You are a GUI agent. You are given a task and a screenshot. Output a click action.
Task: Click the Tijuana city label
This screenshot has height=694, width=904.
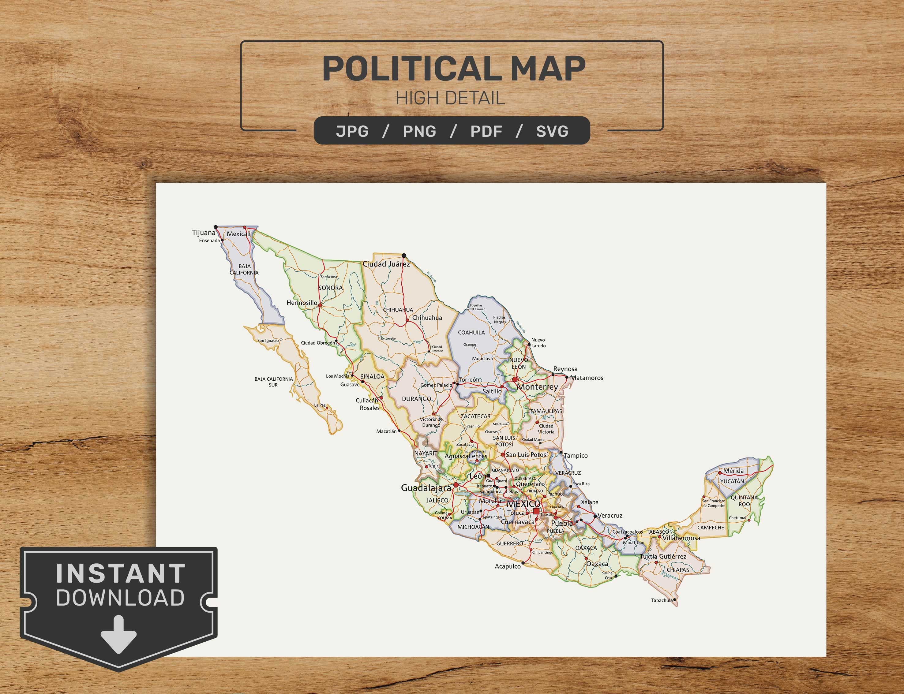click(204, 233)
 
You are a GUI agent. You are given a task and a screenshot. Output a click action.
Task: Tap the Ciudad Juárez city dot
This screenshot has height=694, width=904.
click(404, 255)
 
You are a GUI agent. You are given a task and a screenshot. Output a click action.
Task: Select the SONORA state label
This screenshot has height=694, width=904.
click(331, 288)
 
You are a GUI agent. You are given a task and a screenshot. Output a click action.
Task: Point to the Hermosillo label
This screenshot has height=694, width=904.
click(302, 303)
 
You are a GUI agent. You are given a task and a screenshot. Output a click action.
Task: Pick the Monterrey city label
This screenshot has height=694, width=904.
click(537, 387)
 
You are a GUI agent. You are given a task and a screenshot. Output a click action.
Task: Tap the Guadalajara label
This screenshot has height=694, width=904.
click(426, 488)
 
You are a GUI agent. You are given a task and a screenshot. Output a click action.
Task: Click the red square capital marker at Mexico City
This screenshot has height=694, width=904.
click(536, 511)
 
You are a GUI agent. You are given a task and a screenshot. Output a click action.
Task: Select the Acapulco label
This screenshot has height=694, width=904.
click(508, 566)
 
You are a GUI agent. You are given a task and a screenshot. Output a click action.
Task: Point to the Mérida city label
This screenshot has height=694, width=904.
click(733, 471)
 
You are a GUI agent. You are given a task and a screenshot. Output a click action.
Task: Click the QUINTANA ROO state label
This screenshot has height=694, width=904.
click(744, 501)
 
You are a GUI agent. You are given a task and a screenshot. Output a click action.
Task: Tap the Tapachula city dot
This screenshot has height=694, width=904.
click(675, 599)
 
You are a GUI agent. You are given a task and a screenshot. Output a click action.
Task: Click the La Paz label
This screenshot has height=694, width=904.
click(320, 405)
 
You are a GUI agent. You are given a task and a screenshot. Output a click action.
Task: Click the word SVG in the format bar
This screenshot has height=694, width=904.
click(552, 131)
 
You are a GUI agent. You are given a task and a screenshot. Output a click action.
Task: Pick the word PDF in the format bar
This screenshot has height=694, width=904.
click(486, 131)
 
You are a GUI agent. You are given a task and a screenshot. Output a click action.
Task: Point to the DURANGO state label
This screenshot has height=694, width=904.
click(416, 399)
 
